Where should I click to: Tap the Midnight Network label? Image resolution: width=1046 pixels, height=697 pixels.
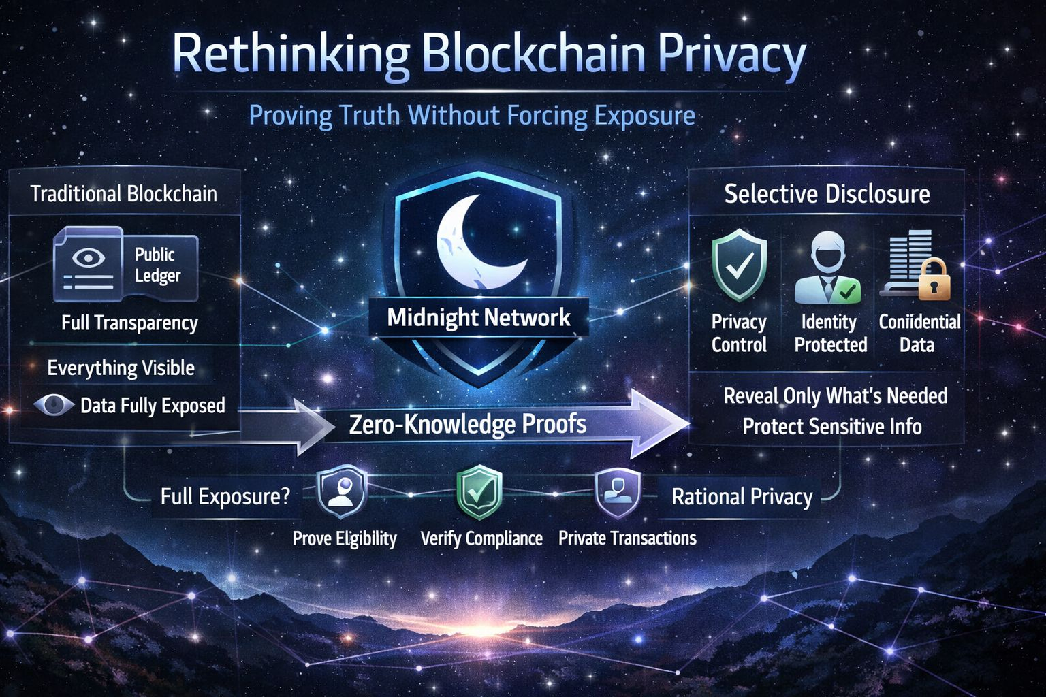pos(479,317)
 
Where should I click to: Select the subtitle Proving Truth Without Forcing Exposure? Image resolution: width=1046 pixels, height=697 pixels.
pos(472,115)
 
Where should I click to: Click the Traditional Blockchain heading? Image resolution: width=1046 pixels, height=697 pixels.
pos(124,194)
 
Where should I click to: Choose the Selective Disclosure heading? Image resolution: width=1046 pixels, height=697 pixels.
pos(827,194)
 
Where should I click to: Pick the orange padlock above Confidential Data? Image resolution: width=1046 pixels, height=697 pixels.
pos(934,279)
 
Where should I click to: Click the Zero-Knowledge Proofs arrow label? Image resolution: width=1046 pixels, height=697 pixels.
pos(468,424)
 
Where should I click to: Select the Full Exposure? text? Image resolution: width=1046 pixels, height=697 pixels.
pos(225,496)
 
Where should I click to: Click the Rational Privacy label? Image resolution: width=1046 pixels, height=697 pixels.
pos(742,497)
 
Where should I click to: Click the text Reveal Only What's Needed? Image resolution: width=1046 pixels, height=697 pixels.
pos(835,395)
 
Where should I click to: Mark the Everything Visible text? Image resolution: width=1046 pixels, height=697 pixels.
pos(121,368)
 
